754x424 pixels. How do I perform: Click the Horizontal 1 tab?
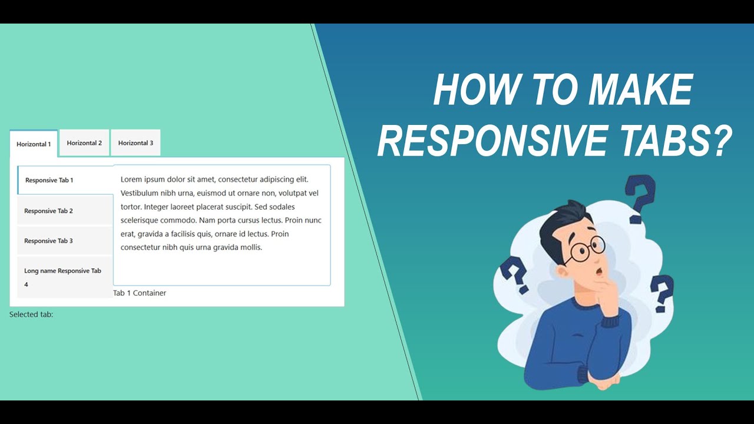pyautogui.click(x=34, y=144)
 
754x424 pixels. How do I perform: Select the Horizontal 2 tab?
pyautogui.click(x=84, y=143)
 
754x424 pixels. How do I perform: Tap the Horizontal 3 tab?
pyautogui.click(x=135, y=143)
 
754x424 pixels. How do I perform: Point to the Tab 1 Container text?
pyautogui.click(x=140, y=293)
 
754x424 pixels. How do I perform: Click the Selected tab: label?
pyautogui.click(x=31, y=314)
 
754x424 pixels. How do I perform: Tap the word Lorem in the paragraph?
pyautogui.click(x=132, y=179)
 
